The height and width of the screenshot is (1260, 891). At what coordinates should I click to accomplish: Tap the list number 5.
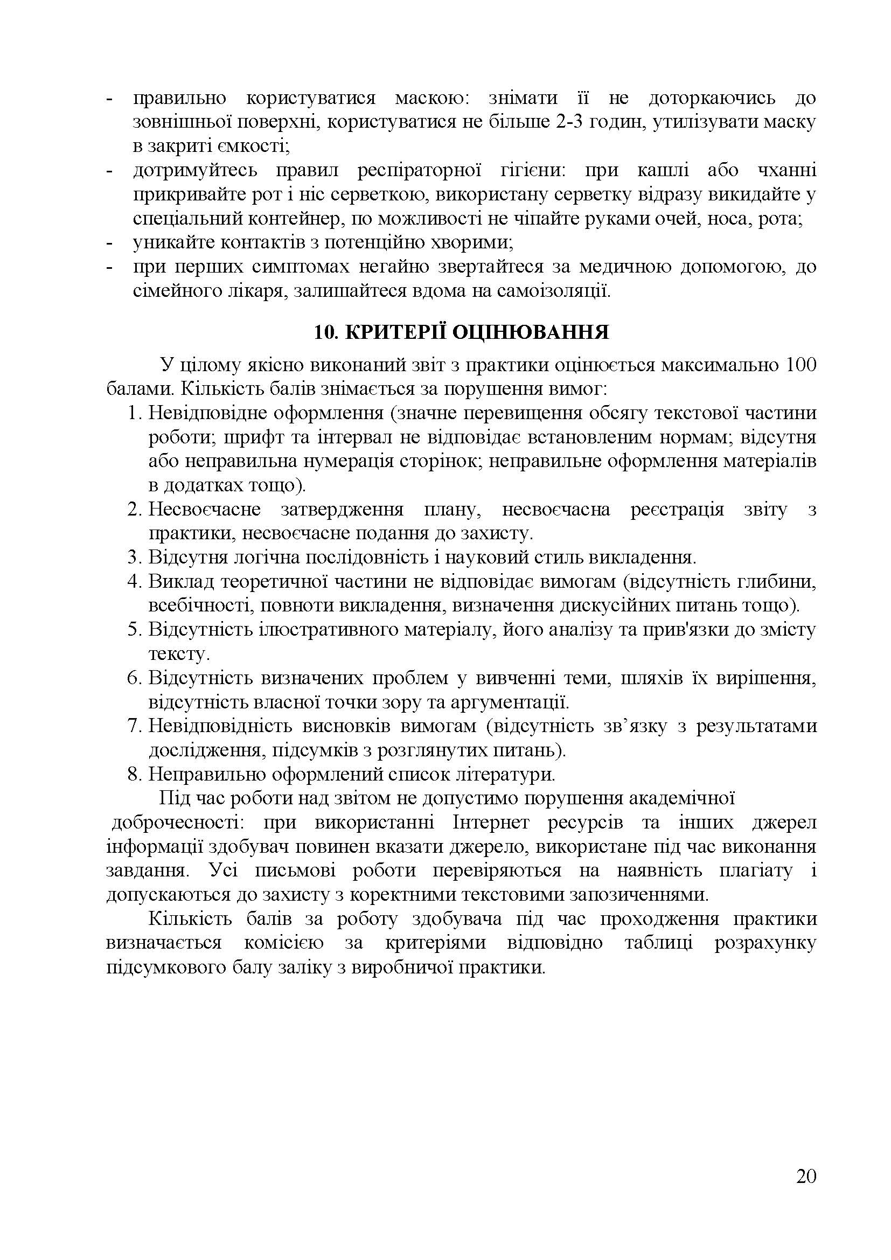[135, 629]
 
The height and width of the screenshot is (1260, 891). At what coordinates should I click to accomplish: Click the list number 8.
[135, 774]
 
